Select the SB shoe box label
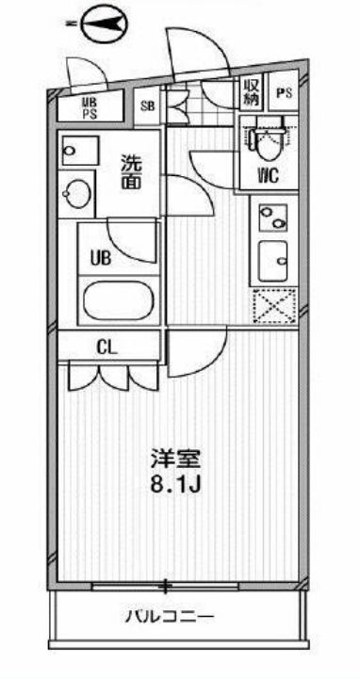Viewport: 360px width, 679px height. point(149,105)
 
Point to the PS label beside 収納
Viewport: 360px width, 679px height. point(284,94)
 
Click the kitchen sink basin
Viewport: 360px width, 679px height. point(274,260)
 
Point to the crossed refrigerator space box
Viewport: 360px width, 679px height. point(274,305)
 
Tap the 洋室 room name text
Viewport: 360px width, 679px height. point(177,461)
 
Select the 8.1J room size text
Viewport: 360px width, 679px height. point(177,489)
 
